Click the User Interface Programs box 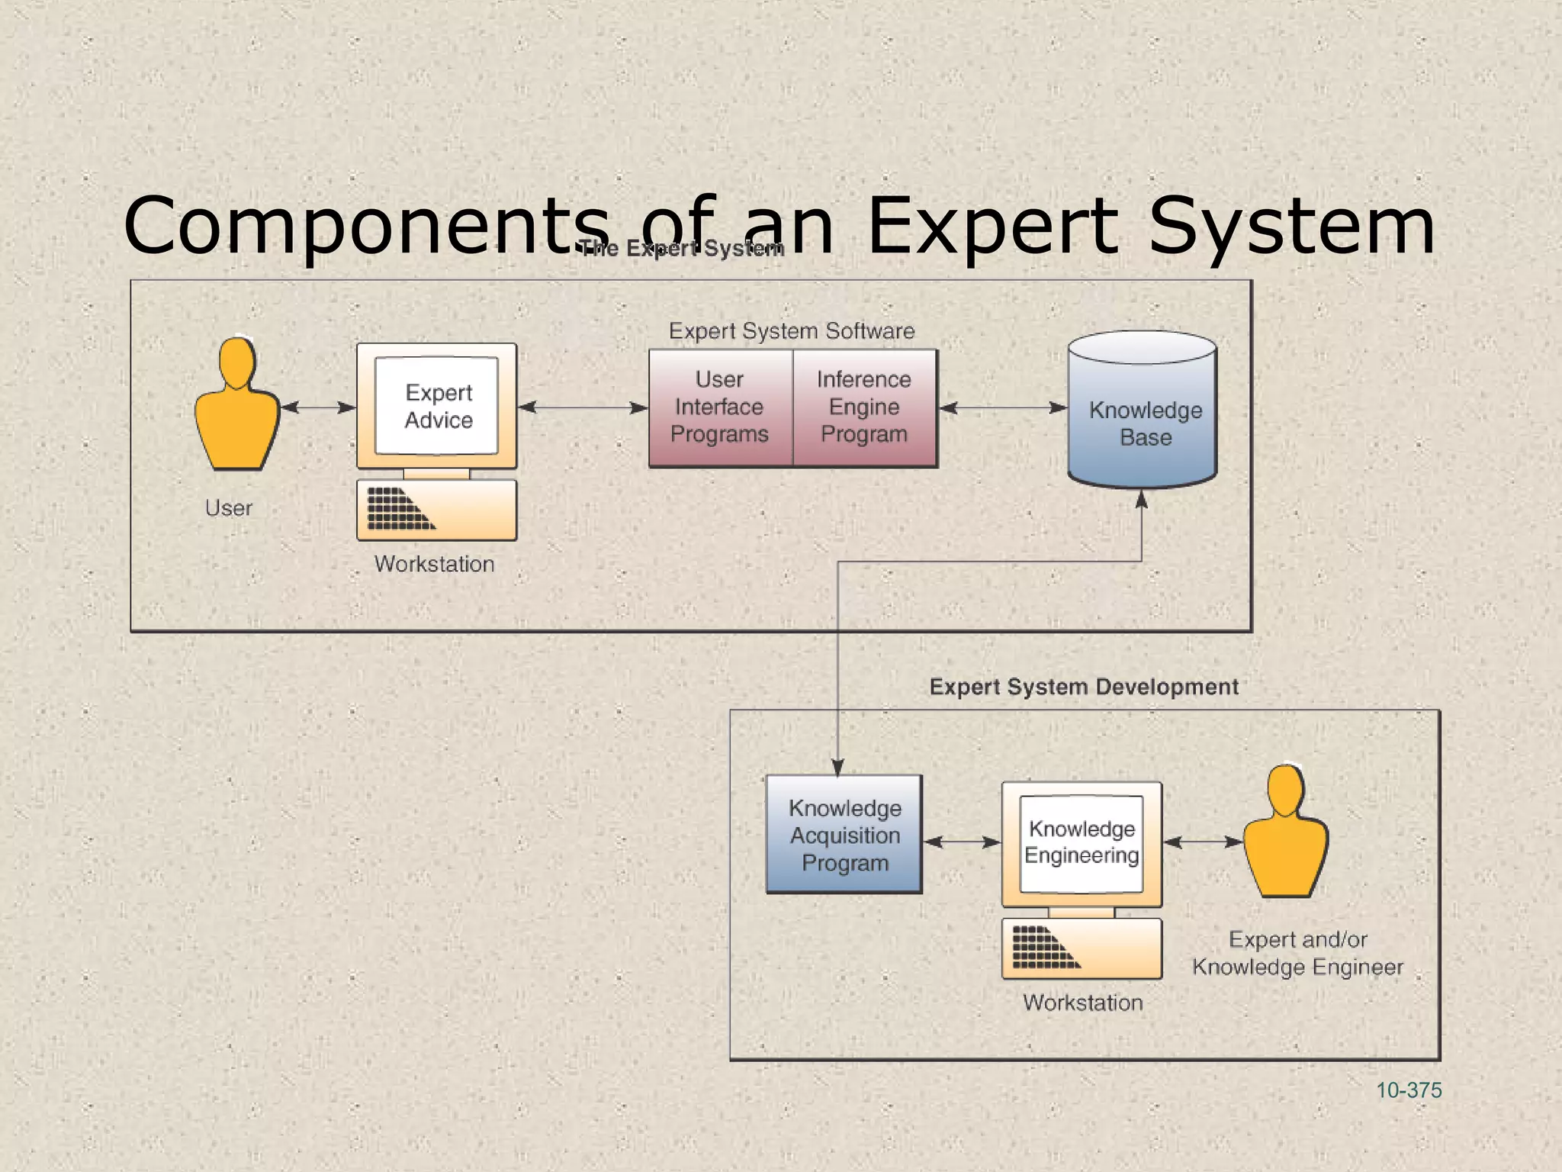[720, 407]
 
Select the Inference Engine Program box [864, 407]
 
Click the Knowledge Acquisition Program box [844, 835]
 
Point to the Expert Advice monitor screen [437, 406]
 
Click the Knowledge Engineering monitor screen [1082, 843]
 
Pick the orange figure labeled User [236, 408]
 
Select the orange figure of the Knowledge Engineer [1286, 836]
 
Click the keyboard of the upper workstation [436, 510]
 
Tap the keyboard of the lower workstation [1082, 948]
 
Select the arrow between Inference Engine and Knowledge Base [1002, 407]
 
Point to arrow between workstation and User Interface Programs [583, 407]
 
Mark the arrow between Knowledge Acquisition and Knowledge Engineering [962, 842]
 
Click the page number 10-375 [1408, 1090]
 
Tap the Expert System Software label [791, 331]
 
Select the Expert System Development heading [1083, 687]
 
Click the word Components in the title [366, 226]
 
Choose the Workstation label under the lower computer [1082, 1003]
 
